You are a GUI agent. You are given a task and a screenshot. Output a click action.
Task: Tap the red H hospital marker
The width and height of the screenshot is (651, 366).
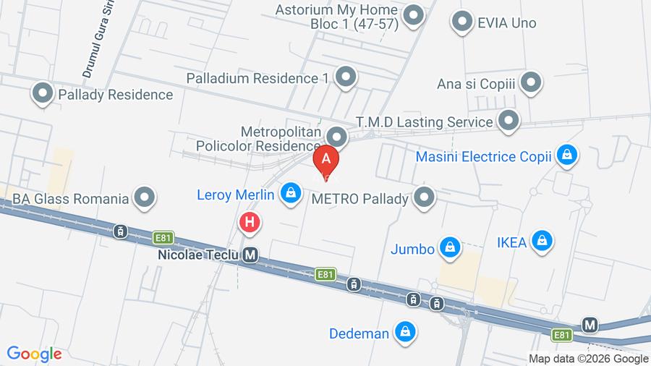tap(250, 223)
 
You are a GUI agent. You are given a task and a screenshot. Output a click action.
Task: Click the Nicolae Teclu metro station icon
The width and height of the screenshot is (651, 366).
tap(251, 255)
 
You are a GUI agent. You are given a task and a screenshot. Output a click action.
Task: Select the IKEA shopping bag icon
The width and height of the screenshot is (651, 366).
tap(541, 241)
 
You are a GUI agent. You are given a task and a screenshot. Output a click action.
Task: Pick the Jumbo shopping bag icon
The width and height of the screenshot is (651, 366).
tap(450, 248)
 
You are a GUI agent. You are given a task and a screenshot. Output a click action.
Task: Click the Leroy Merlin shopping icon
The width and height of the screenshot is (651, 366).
tap(291, 193)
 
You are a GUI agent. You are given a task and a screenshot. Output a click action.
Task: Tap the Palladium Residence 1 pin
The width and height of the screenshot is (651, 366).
tap(346, 77)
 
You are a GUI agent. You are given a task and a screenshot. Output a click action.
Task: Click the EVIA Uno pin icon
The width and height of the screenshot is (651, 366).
tap(461, 22)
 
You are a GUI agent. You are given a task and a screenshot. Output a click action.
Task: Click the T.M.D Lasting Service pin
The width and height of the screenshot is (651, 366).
tap(509, 121)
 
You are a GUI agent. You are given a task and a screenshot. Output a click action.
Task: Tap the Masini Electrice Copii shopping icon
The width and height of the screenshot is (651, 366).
tap(568, 155)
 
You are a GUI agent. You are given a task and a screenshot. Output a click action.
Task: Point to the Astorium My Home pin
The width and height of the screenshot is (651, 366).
tap(413, 15)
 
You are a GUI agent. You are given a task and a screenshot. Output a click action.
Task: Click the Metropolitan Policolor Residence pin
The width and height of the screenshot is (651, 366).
tap(336, 137)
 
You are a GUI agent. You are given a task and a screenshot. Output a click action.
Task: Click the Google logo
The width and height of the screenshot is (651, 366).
tap(34, 354)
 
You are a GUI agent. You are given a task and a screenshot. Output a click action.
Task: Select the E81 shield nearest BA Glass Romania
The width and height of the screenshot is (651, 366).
tap(164, 237)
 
